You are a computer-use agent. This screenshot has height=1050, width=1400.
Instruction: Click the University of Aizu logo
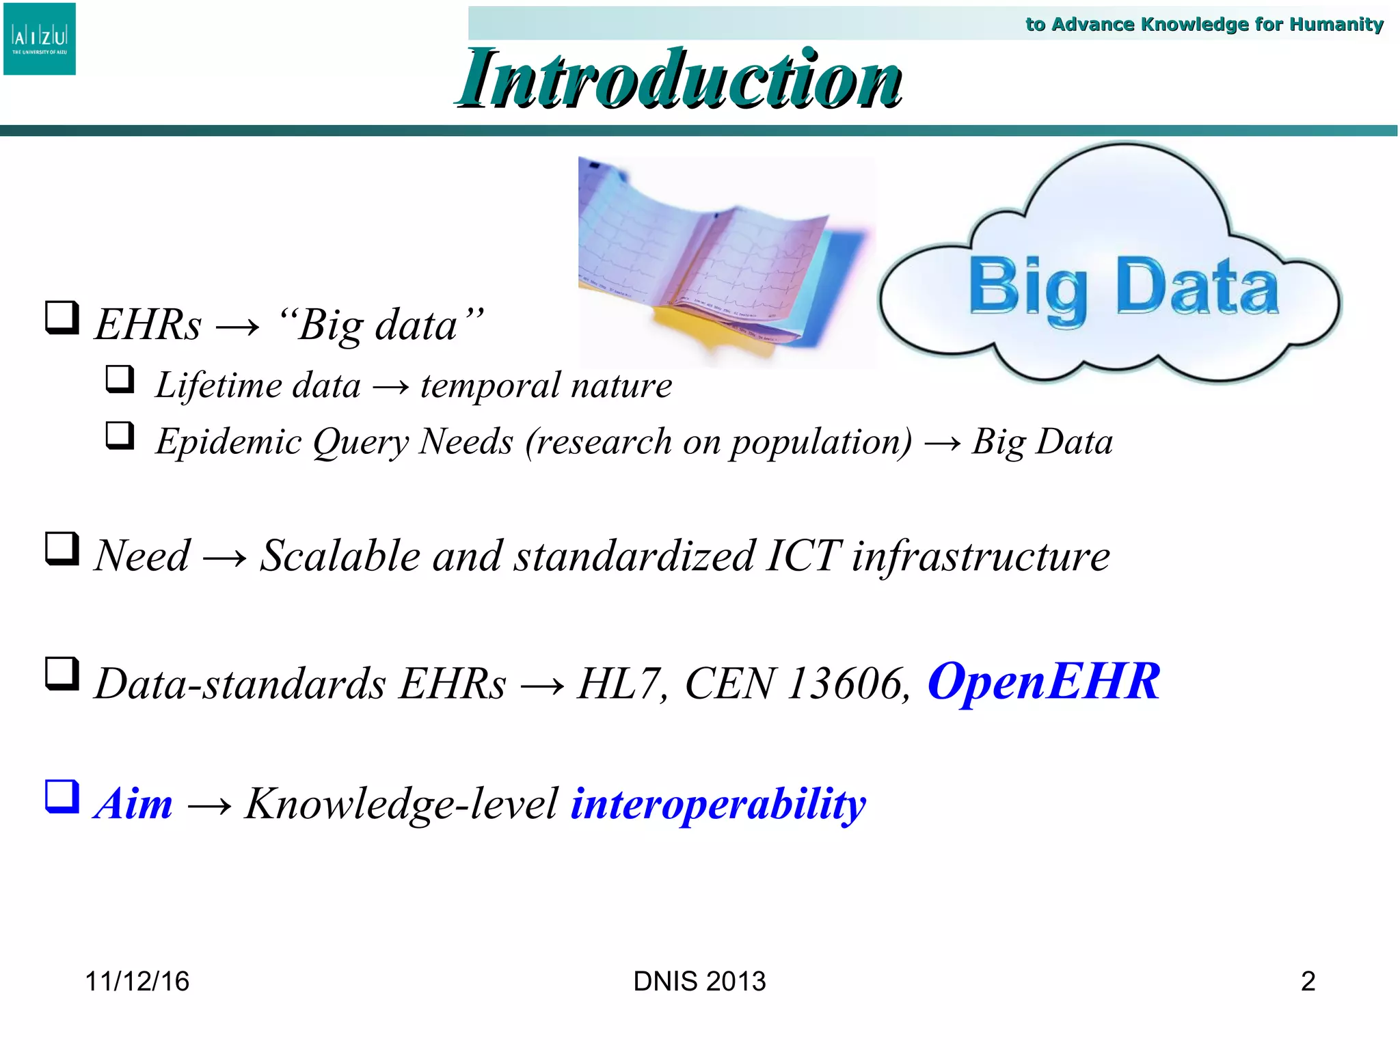point(40,39)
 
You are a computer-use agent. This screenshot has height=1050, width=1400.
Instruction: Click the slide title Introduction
point(679,79)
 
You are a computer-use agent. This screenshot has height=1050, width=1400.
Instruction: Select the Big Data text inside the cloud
point(1123,287)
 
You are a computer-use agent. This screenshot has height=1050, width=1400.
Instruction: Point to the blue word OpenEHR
point(1043,682)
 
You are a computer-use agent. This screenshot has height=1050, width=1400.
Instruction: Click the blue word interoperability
point(718,804)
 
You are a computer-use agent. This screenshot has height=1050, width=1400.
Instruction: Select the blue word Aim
point(134,804)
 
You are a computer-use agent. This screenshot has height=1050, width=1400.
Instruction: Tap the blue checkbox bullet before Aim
point(62,797)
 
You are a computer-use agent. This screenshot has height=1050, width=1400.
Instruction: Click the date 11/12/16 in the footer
point(137,982)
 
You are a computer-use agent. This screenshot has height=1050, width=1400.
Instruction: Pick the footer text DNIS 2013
point(699,982)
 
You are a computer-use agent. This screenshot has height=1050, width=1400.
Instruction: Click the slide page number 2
point(1308,982)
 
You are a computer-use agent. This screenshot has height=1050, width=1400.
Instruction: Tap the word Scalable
point(340,556)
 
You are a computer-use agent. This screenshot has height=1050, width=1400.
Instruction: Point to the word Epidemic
point(228,442)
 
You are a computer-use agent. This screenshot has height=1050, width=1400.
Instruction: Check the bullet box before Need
point(62,549)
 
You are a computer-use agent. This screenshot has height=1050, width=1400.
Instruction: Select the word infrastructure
point(980,556)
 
